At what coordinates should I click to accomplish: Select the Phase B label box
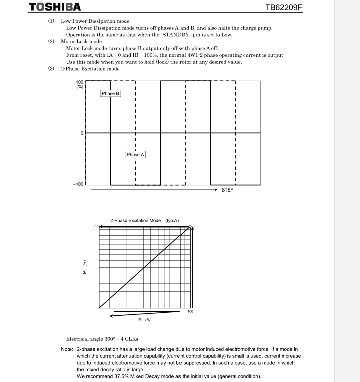tap(111, 93)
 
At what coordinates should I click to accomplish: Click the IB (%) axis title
tap(144, 319)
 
